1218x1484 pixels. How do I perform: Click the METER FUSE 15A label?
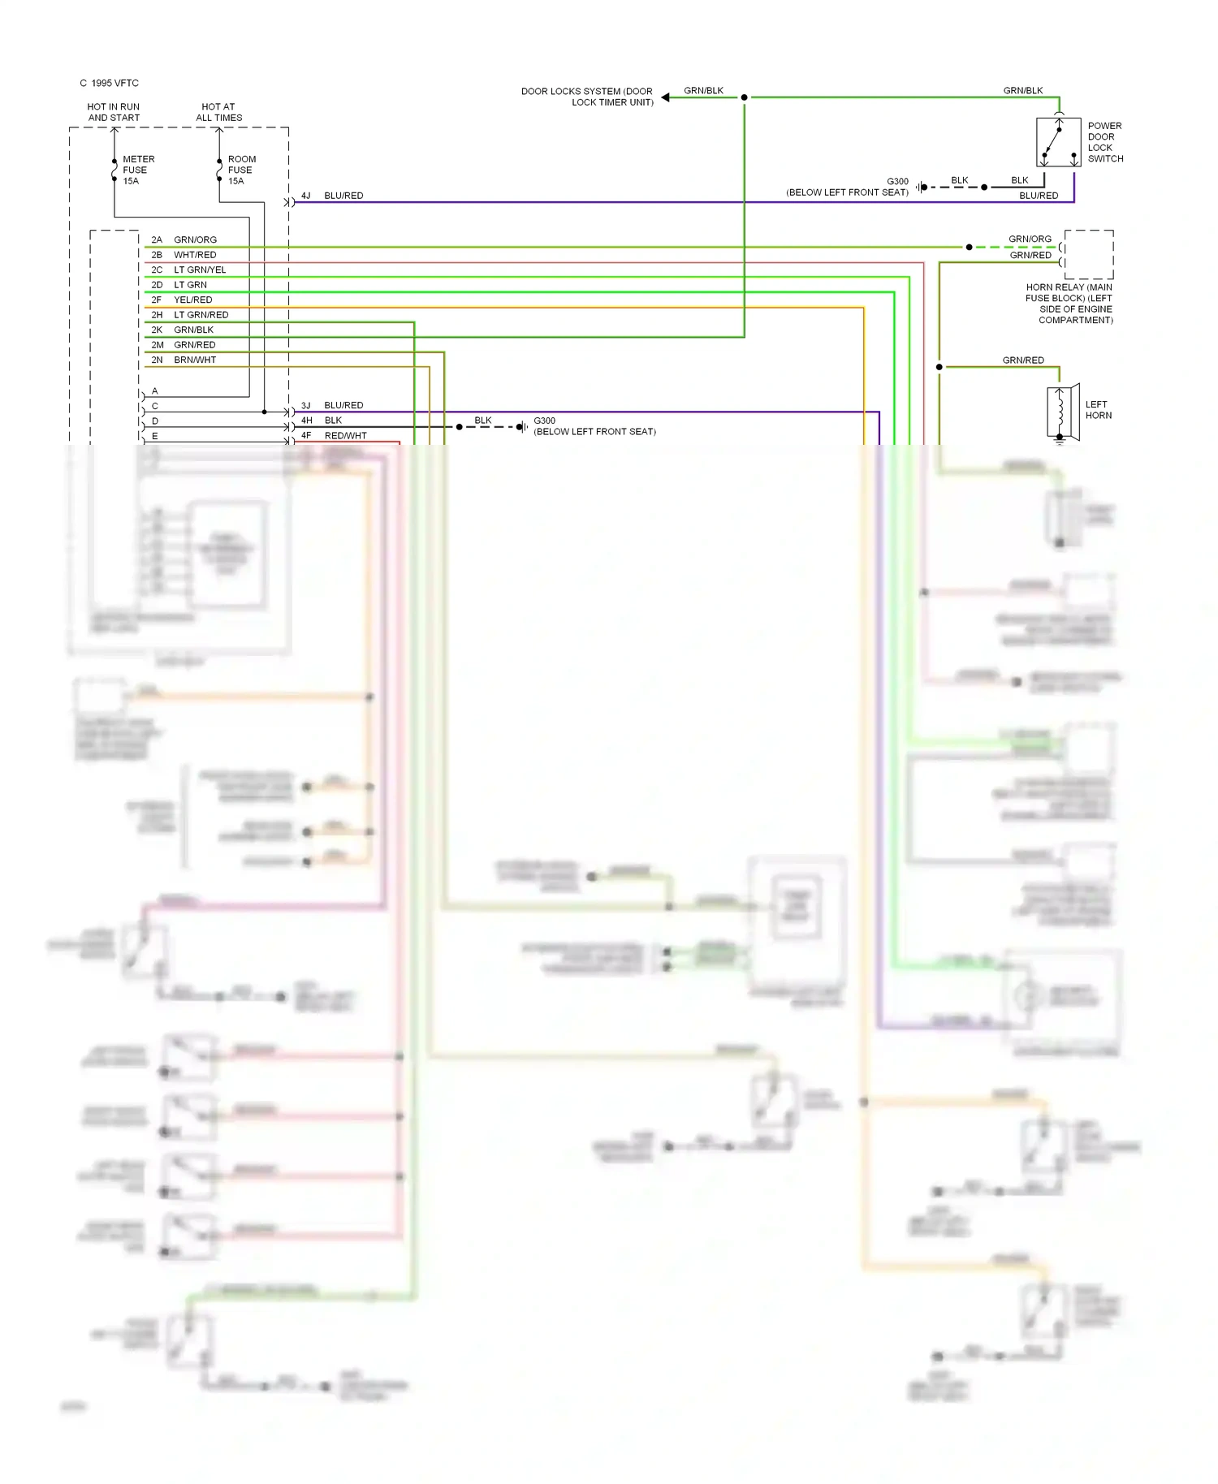(x=137, y=170)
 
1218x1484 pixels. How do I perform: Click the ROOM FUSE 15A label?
(x=241, y=170)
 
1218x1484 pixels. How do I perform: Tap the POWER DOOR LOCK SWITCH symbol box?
(x=1058, y=142)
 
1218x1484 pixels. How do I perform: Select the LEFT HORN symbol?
(x=1062, y=412)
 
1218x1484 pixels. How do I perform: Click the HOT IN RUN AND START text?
(x=114, y=112)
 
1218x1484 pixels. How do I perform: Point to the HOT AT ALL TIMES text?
(x=218, y=112)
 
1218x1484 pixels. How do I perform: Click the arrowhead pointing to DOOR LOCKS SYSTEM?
(x=665, y=97)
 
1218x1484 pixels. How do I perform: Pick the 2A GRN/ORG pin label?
(x=184, y=240)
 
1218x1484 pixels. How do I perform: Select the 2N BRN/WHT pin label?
(x=184, y=360)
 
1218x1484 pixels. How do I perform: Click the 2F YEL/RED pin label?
(x=182, y=300)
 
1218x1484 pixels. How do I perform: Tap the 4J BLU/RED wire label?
(x=332, y=196)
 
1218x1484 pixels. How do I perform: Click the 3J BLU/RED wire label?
(x=332, y=405)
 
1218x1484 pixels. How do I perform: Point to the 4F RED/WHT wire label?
(x=334, y=436)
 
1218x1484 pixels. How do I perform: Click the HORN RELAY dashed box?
(x=1089, y=255)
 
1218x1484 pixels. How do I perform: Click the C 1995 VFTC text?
(x=110, y=84)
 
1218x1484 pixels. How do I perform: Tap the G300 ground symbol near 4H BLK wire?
(x=522, y=427)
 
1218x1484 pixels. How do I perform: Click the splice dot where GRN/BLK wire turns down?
(x=744, y=97)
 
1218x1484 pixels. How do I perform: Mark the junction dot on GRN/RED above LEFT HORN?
(x=939, y=367)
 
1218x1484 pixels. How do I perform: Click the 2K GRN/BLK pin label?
(x=183, y=330)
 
